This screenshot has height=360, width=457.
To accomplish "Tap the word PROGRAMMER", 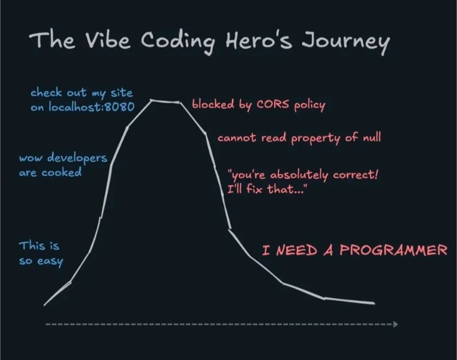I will [x=393, y=250].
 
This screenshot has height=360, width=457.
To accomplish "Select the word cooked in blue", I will [x=61, y=173].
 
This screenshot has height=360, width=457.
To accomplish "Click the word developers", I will [x=77, y=158].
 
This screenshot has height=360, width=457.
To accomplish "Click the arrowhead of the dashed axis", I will [x=395, y=324].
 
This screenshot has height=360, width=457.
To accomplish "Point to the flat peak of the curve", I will [x=165, y=101].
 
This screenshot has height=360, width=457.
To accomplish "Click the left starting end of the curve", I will [x=45, y=304].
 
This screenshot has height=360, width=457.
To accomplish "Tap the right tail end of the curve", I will [x=374, y=303].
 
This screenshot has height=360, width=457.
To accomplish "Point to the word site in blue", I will [x=121, y=93].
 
